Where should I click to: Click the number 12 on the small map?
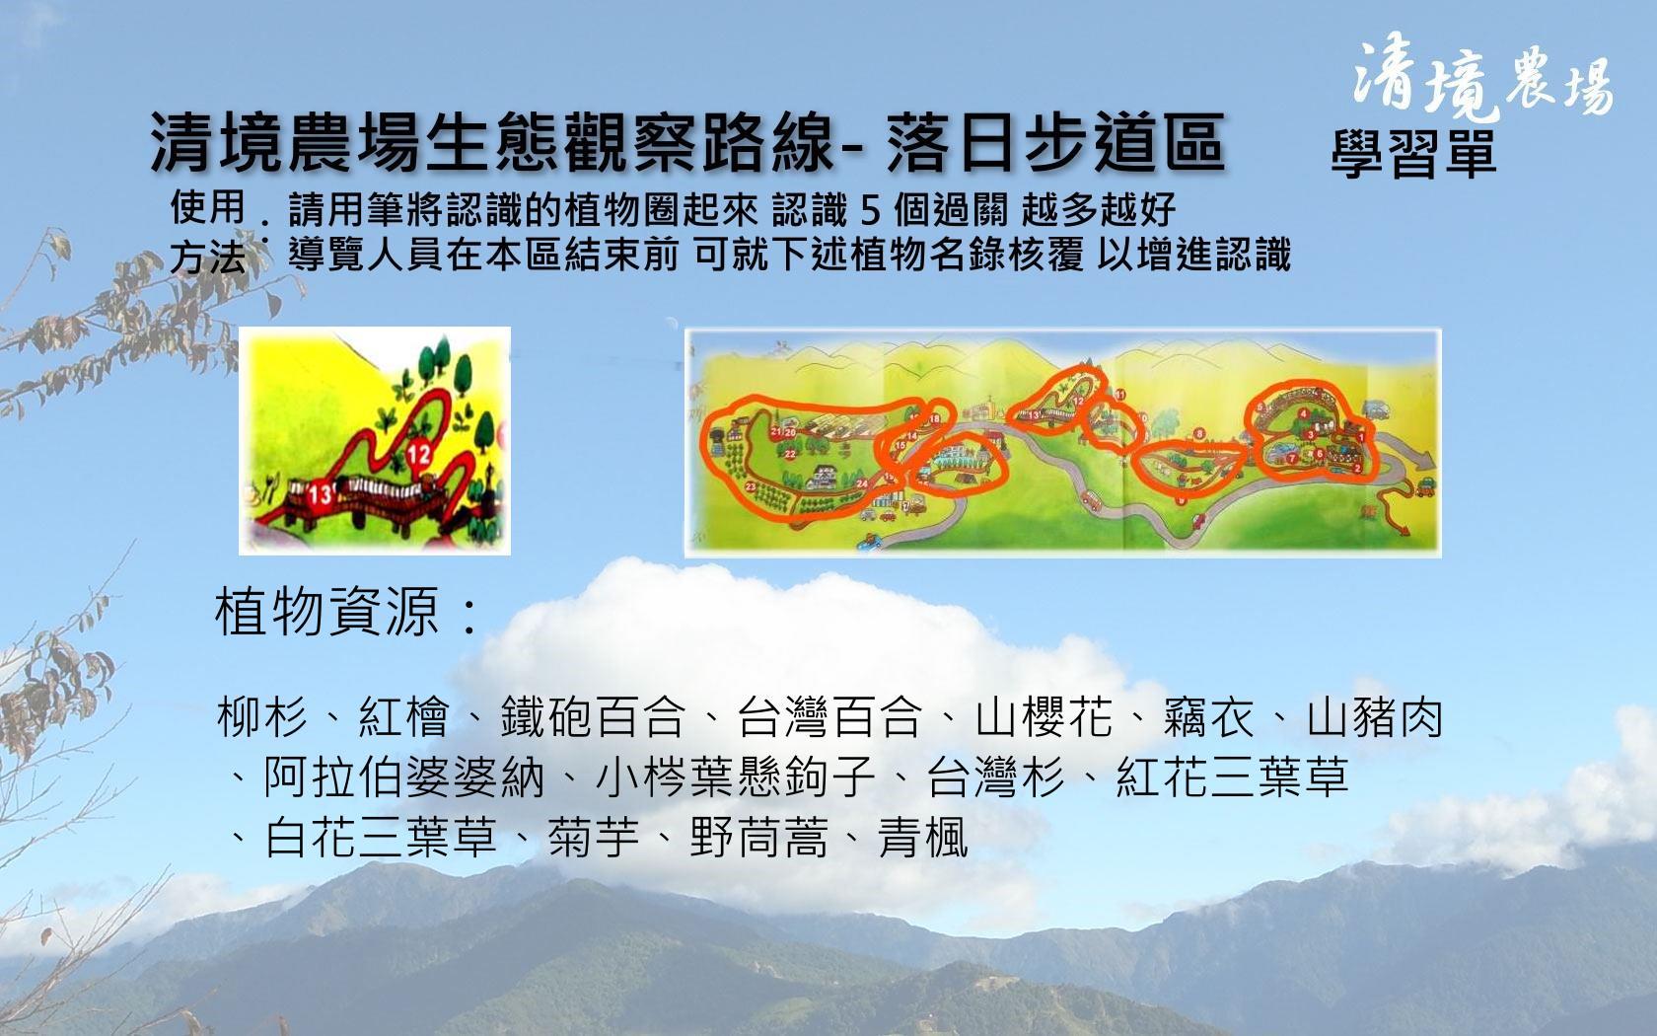(x=418, y=453)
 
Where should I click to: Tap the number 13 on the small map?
(x=321, y=493)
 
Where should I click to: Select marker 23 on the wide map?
(x=751, y=487)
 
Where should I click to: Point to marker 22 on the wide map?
(x=790, y=454)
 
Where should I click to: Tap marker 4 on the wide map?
(x=1305, y=414)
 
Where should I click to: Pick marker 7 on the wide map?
(x=1292, y=459)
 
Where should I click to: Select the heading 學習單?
(x=1413, y=154)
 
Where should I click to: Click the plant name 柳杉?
(x=261, y=716)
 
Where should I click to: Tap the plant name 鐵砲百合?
(x=592, y=716)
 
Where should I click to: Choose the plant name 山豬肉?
(x=1375, y=716)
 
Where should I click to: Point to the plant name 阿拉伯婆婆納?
(x=404, y=777)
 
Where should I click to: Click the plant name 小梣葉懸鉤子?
(x=736, y=777)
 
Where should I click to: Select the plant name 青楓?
(x=923, y=838)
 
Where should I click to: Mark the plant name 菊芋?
(x=594, y=838)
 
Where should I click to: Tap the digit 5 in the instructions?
(x=871, y=211)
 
